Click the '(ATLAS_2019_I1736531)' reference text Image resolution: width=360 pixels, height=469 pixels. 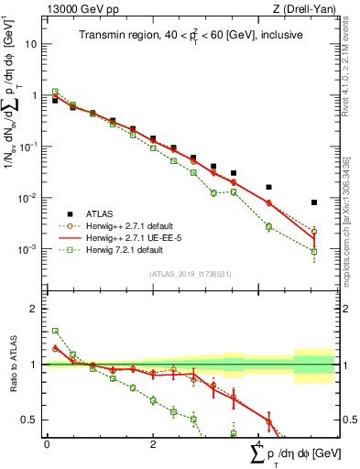pos(191,273)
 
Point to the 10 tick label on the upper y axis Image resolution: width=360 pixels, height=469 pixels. pos(32,43)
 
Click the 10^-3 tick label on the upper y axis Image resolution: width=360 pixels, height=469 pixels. pos(29,249)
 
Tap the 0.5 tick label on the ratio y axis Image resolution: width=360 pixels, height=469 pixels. pos(32,420)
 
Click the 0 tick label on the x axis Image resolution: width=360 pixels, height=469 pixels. pos(47,442)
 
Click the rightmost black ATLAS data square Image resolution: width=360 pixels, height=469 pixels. pos(314,202)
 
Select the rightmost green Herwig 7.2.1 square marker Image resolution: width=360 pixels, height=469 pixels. pos(314,251)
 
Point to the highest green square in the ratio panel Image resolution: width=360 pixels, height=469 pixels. pos(55,331)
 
